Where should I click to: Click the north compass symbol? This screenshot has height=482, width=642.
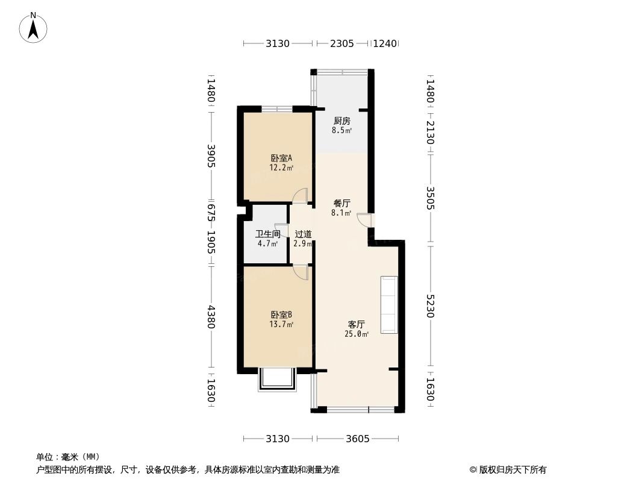tap(34, 28)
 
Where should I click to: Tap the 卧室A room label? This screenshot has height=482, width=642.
tap(281, 158)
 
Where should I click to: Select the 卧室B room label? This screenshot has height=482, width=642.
tap(281, 315)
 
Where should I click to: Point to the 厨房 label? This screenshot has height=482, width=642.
tap(342, 120)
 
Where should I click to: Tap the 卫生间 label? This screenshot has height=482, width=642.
tap(268, 234)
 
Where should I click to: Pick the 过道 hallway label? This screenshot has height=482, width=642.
tap(303, 234)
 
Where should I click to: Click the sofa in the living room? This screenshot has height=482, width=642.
tap(389, 305)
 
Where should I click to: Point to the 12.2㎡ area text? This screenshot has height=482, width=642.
tap(281, 168)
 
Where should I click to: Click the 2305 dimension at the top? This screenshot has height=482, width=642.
tap(341, 43)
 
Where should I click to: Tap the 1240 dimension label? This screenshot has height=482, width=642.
tap(385, 43)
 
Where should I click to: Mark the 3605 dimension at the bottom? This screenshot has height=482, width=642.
tap(358, 439)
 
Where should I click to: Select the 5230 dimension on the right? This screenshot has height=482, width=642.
tap(430, 306)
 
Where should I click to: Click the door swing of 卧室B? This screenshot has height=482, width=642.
tap(301, 273)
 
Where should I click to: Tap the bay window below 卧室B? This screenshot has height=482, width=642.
tap(278, 380)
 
